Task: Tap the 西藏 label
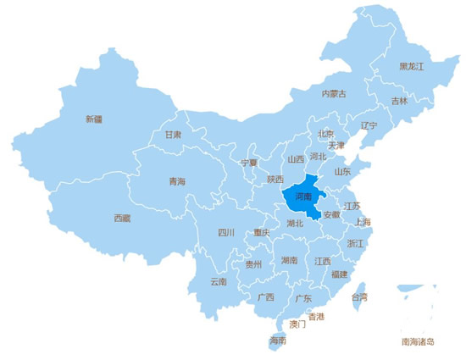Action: tap(123, 218)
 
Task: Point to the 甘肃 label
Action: tap(173, 134)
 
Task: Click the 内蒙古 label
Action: tap(334, 93)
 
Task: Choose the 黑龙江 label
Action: tap(411, 66)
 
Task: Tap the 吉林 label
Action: tap(399, 101)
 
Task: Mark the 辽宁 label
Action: tap(369, 125)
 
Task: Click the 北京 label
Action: tap(325, 134)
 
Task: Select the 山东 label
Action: tap(342, 171)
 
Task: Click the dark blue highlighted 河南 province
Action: tap(302, 197)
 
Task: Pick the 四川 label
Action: tap(225, 232)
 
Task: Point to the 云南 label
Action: tap(218, 281)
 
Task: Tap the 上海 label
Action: tap(363, 223)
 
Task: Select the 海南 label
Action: tap(277, 341)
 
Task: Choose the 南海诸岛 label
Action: tap(418, 341)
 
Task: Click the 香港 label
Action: tap(316, 317)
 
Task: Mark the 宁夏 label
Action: tap(248, 163)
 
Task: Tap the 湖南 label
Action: tap(289, 260)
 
